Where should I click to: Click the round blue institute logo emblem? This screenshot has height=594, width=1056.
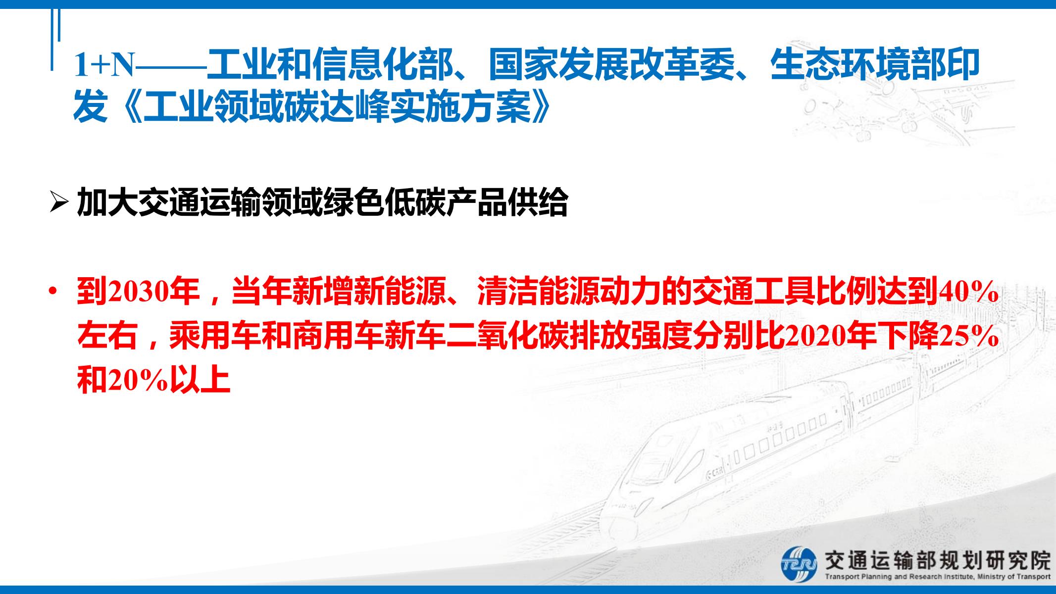[798, 564]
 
